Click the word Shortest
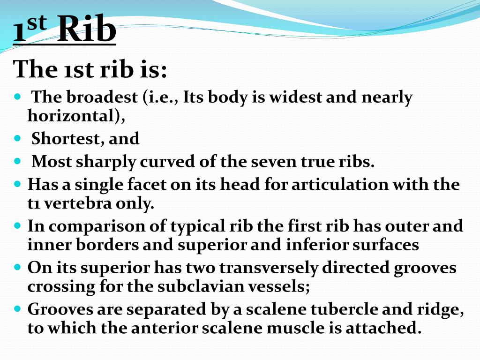point(66,139)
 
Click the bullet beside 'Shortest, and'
point(18,139)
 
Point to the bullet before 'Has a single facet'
point(18,184)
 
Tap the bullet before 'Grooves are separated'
point(18,309)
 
